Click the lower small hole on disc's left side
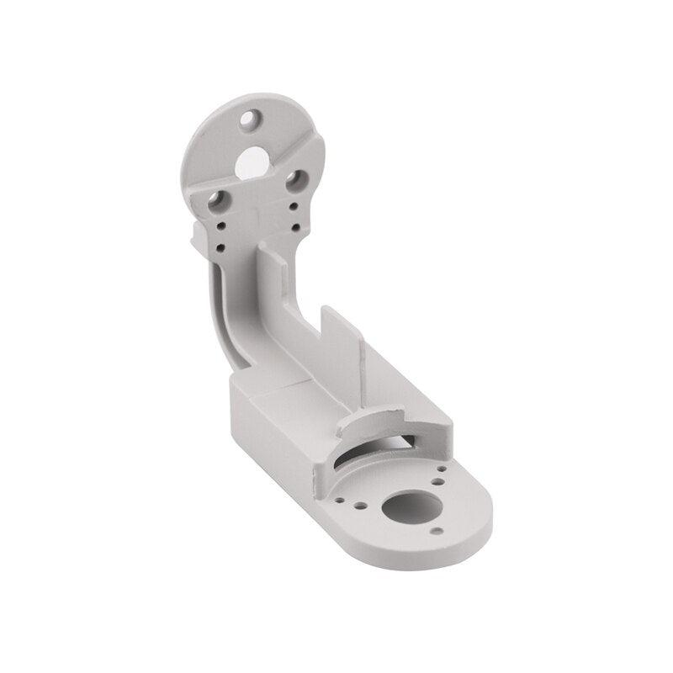tap(220, 246)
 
